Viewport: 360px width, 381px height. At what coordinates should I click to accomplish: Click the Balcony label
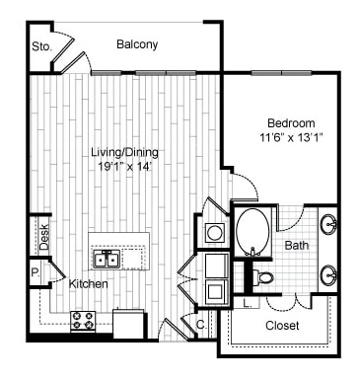pos(137,44)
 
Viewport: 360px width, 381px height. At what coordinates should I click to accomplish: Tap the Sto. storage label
pos(41,45)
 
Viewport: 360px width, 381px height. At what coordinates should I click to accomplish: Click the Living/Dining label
pos(125,153)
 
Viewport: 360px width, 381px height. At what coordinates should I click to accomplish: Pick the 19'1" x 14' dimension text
pos(125,167)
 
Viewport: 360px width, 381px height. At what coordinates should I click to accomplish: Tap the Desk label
pos(44,234)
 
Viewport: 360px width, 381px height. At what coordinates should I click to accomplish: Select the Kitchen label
pos(88,284)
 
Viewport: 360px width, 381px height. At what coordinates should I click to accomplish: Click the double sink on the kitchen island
pos(108,260)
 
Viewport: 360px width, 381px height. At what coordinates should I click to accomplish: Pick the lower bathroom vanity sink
pos(328,274)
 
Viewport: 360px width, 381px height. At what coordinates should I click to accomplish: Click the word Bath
pos(295,245)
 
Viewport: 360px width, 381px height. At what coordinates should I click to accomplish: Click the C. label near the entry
pos(200,323)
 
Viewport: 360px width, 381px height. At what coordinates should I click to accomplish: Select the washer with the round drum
pos(215,233)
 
